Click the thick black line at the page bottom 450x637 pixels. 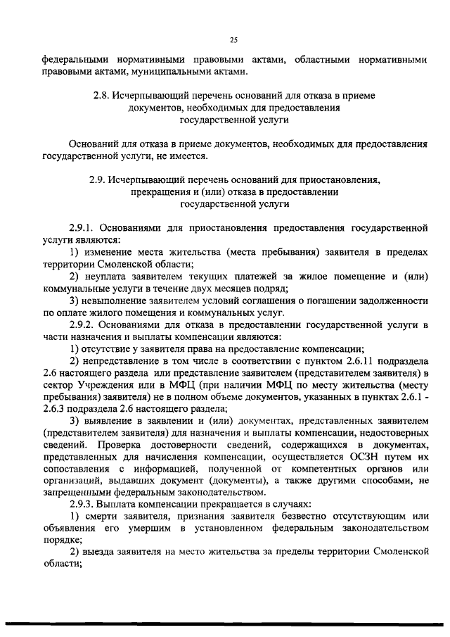click(225, 624)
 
